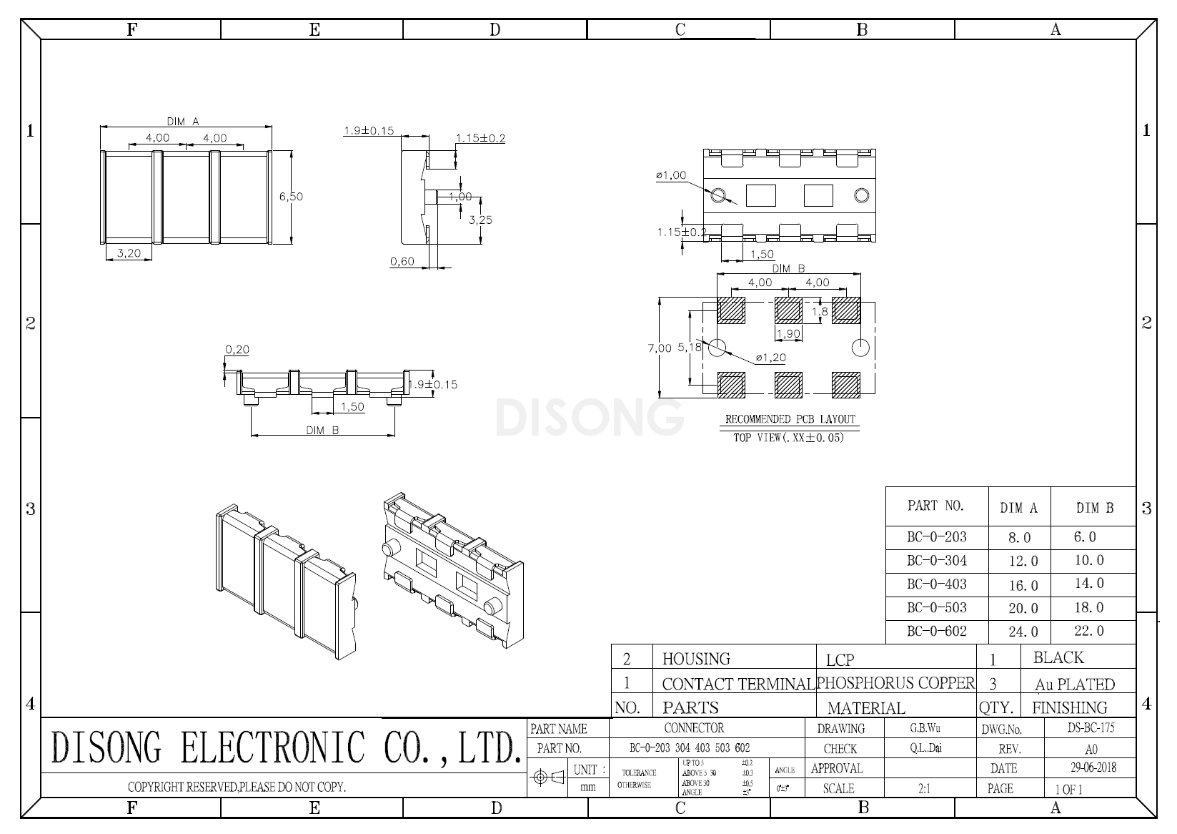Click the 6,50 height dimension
coord(291,197)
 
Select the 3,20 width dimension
coord(129,253)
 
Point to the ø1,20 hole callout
coord(770,357)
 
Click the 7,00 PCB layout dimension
coord(659,348)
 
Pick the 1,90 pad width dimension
coord(788,334)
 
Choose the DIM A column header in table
coord(1018,509)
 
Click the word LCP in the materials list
coord(840,659)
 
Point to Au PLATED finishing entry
coord(1074,685)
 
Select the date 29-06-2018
coord(1093,768)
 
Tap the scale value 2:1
coord(923,789)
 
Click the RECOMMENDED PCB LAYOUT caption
coord(790,419)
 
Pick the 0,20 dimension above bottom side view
coord(237,350)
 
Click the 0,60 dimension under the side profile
coord(402,262)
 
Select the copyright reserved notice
coord(237,788)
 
